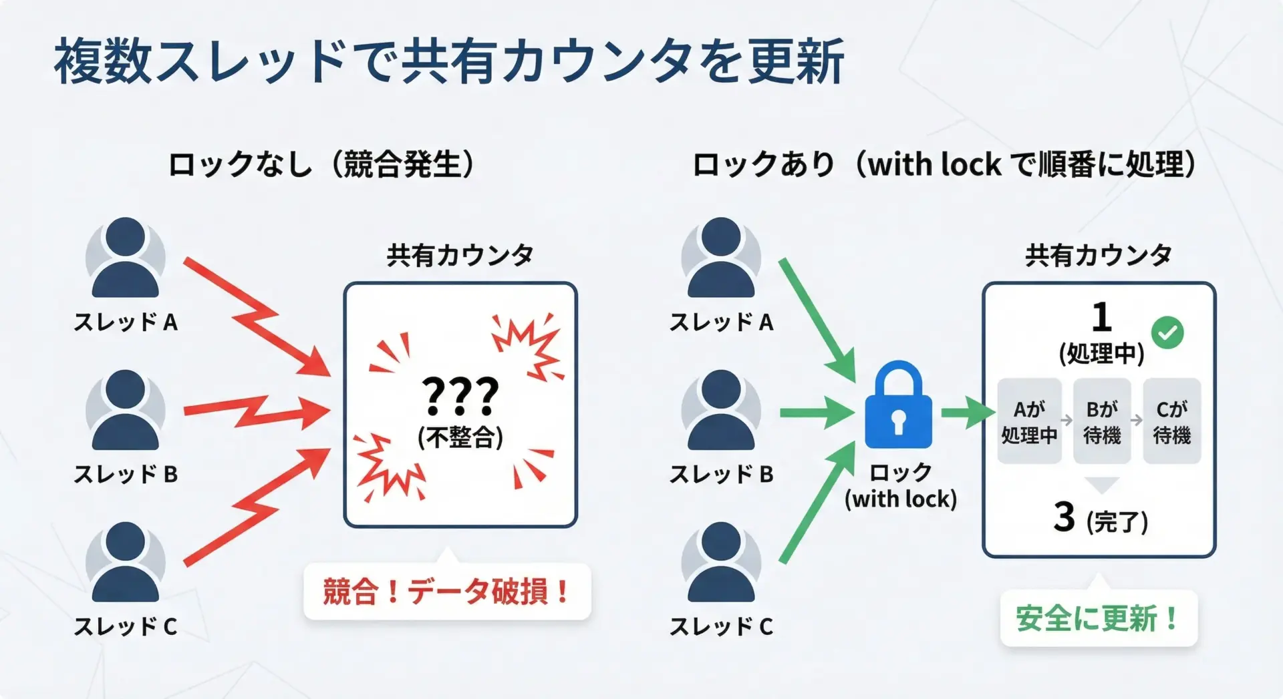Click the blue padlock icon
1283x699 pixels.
click(898, 407)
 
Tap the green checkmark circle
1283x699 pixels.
click(1167, 332)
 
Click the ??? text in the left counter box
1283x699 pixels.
click(460, 395)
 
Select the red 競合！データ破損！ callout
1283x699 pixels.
click(447, 592)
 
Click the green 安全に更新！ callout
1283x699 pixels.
click(1098, 618)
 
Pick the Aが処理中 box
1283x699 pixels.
click(1029, 421)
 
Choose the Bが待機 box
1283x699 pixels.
click(1102, 421)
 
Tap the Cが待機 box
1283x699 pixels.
click(1172, 421)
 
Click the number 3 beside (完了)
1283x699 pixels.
click(1064, 517)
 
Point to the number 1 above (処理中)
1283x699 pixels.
click(1101, 318)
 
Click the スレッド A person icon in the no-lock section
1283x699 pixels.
click(125, 258)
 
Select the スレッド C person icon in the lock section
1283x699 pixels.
click(721, 562)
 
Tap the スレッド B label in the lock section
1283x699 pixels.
click(721, 474)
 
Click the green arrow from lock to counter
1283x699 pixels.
click(968, 413)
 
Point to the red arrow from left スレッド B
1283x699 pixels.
click(257, 413)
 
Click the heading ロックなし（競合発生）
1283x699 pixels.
click(321, 164)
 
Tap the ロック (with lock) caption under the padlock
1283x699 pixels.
click(900, 486)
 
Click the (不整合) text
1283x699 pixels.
click(460, 438)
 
